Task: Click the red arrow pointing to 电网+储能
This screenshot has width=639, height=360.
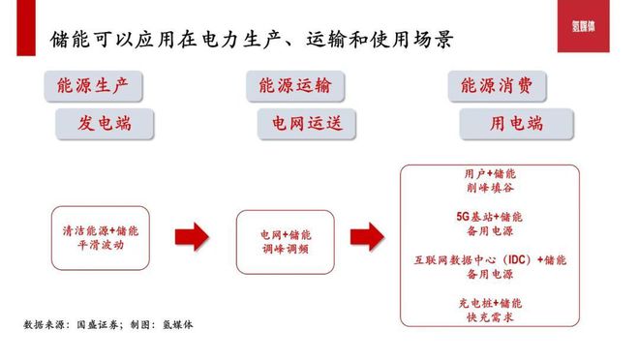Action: (191, 237)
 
